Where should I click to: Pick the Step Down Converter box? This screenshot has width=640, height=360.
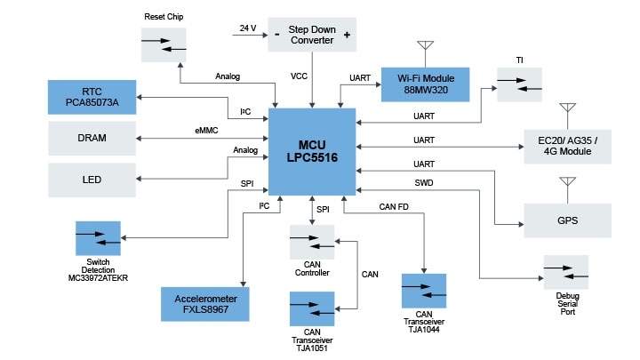(311, 34)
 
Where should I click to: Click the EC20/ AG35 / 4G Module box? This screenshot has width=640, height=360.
(568, 145)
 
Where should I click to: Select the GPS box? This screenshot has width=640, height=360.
(568, 220)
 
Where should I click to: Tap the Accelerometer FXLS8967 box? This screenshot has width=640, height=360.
(204, 303)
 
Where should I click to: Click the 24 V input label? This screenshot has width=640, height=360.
(247, 28)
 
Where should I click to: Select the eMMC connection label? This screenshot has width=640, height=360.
(208, 131)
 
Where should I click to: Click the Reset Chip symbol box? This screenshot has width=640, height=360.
(164, 45)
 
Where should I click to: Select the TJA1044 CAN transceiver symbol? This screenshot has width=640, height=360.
(423, 292)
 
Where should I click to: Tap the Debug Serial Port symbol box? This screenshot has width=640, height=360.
(566, 272)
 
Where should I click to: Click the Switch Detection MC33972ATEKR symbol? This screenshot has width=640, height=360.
(98, 238)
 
